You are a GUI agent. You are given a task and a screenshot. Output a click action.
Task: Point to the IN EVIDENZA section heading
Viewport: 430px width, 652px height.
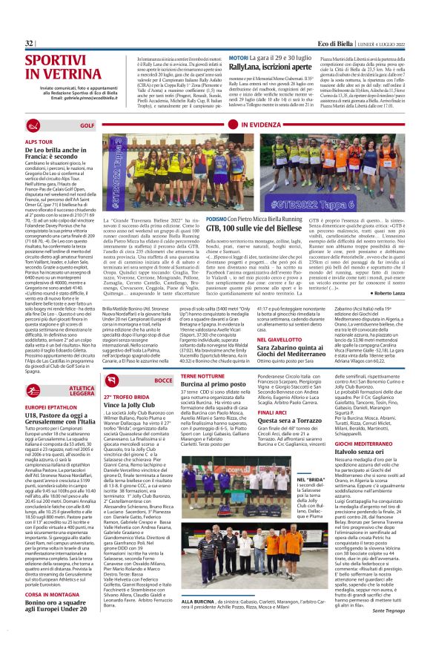pyautogui.click(x=259, y=125)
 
